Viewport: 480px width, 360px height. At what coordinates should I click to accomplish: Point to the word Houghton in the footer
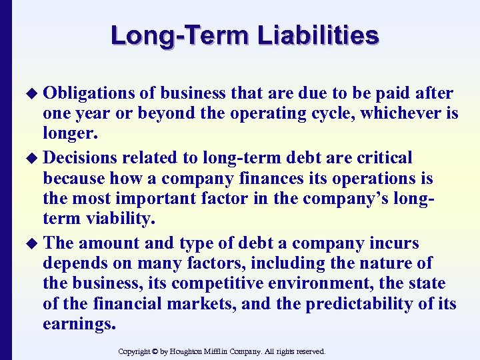click(x=199, y=351)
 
